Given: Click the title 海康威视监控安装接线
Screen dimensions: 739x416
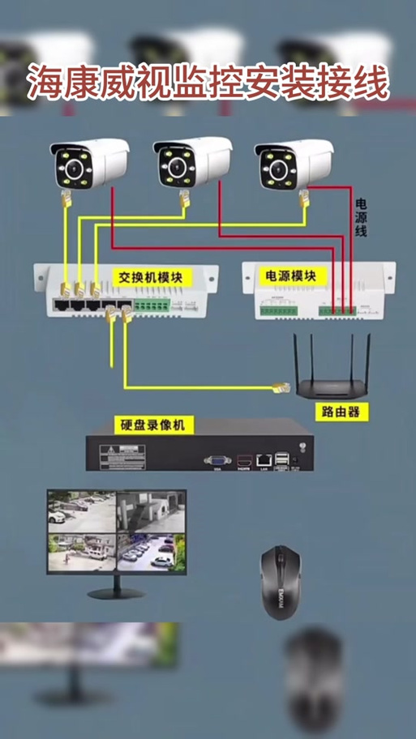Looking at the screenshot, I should (x=208, y=83).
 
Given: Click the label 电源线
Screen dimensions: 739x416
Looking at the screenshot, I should (x=361, y=217).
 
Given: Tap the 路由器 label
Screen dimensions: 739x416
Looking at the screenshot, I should (x=341, y=412).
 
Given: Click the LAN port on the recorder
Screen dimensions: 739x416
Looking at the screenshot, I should (x=264, y=459).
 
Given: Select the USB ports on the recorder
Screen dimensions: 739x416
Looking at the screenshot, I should (x=281, y=459).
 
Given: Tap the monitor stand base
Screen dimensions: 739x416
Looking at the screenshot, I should (x=116, y=593).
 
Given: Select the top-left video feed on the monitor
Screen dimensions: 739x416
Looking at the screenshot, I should (x=81, y=510).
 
